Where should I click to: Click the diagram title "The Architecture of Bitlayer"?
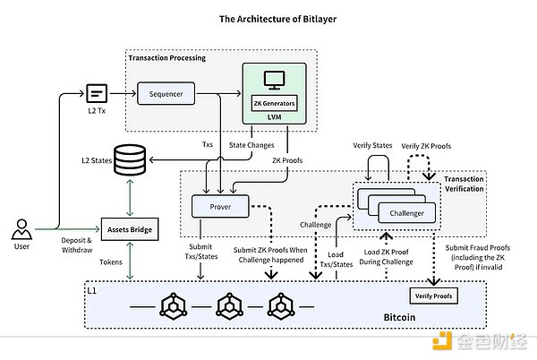[268, 17]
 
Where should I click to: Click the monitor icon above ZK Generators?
[275, 79]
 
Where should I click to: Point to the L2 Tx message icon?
[97, 91]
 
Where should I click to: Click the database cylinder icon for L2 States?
[130, 161]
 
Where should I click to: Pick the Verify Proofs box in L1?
[433, 295]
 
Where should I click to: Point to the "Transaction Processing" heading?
[166, 58]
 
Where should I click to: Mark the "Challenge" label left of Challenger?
[315, 225]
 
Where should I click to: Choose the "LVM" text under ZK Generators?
[275, 118]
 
